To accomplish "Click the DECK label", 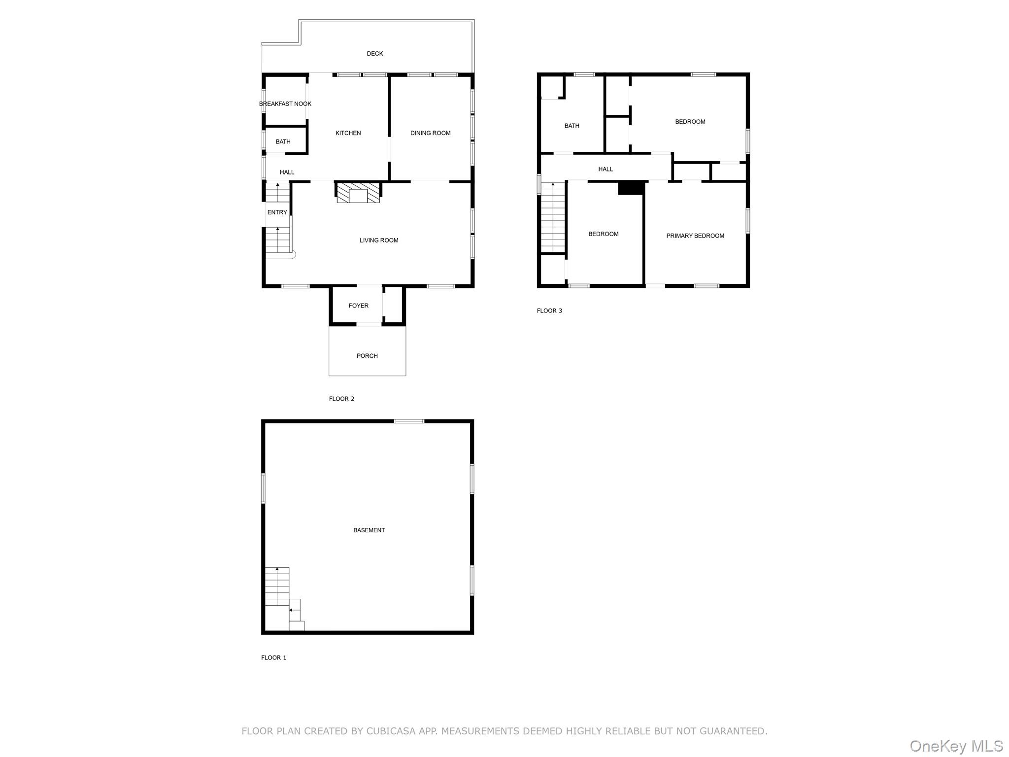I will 374,54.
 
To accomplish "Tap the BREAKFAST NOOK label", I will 285,104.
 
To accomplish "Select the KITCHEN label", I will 348,133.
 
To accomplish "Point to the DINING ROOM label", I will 430,133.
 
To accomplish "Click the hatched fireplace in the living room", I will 358,193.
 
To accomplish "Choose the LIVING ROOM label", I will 378,241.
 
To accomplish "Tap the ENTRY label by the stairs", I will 277,212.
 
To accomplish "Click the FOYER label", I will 358,306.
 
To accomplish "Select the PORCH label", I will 367,356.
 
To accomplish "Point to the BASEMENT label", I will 369,530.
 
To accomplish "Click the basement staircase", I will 277,586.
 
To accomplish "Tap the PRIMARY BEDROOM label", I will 695,236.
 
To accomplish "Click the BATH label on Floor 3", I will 572,126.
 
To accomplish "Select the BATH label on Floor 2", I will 283,142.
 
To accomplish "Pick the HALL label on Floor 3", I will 605,170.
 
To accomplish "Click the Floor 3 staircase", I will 553,217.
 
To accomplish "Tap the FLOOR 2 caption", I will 341,399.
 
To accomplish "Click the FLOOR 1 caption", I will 273,657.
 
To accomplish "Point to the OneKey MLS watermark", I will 956,746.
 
